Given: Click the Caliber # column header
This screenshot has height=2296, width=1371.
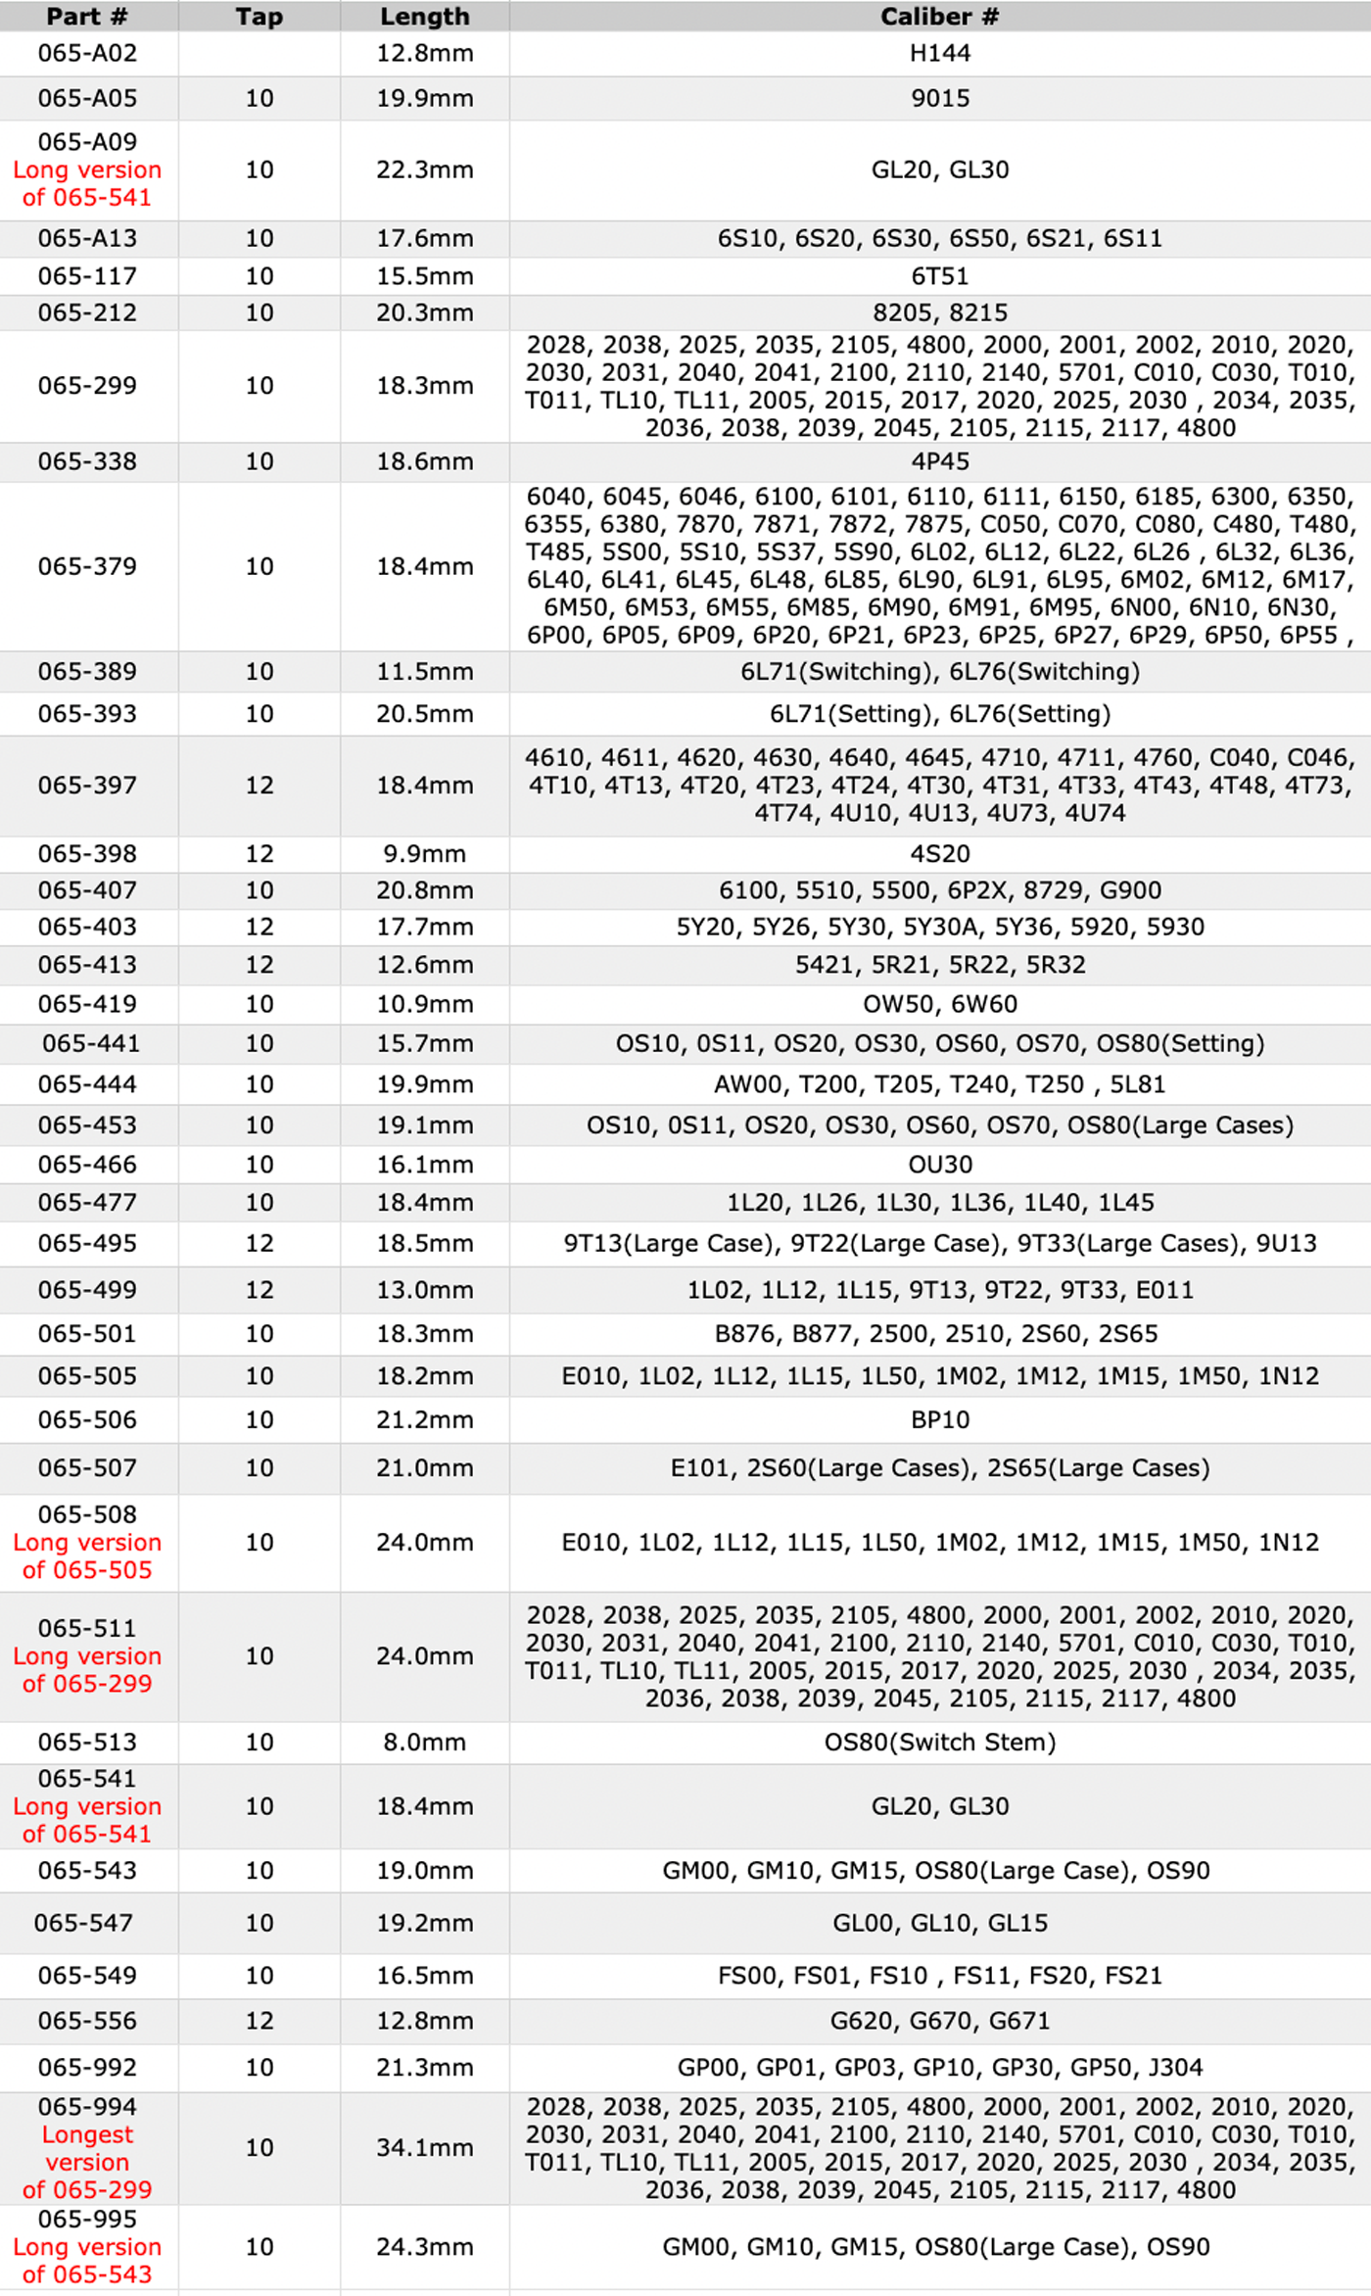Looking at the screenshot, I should point(939,17).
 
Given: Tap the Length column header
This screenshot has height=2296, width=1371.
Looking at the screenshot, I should point(425,17).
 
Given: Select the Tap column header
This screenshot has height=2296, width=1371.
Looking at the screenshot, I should point(259,17).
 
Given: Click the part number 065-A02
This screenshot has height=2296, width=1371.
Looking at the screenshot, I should point(87,54).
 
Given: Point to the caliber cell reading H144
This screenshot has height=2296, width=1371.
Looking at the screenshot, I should point(939,54).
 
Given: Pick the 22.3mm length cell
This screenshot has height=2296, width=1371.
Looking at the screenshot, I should point(425,169).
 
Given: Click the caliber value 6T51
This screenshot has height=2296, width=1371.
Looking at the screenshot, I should point(939,276).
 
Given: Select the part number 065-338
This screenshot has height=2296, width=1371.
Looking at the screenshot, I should point(87,461).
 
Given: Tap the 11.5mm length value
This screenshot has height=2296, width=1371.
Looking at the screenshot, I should point(425,672).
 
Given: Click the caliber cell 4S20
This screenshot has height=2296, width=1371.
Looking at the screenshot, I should point(939,854).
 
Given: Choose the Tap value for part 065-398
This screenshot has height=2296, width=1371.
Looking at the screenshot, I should point(259,854).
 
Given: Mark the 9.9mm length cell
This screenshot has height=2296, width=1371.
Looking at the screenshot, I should point(425,854).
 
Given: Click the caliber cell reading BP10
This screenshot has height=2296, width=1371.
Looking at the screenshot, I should point(939,1420).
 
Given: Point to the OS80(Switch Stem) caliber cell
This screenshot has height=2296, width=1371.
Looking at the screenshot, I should point(939,1743).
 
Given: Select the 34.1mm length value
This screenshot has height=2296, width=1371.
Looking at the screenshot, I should point(425,2148).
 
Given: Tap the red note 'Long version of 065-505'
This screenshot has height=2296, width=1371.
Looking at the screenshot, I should point(87,1556).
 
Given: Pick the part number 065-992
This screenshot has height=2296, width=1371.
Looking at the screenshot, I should point(87,2068).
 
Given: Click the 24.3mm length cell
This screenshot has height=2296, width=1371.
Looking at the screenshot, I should point(425,2247).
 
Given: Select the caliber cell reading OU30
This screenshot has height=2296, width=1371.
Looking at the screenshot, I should point(939,1165).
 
